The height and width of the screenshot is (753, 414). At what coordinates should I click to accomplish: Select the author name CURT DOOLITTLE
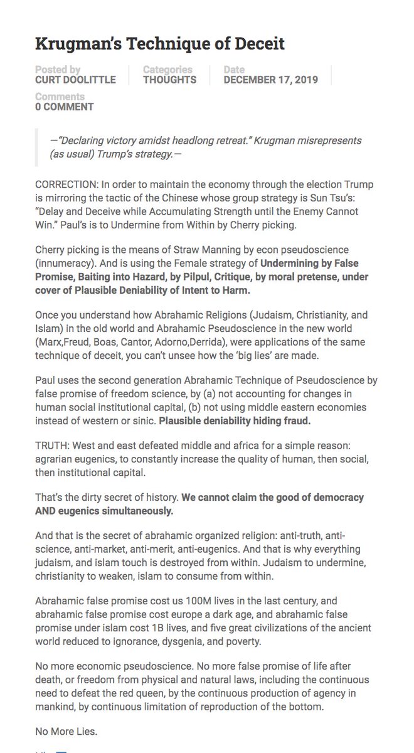pos(74,80)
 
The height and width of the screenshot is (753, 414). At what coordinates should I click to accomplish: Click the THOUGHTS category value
pos(169,80)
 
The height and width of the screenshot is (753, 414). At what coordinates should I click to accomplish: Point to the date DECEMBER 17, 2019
pos(270,80)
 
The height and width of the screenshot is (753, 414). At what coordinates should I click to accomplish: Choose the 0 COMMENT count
pos(64,107)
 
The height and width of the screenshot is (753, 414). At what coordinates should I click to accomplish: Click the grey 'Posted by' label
pos(58,70)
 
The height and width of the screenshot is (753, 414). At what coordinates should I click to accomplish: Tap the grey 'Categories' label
pos(167,70)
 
